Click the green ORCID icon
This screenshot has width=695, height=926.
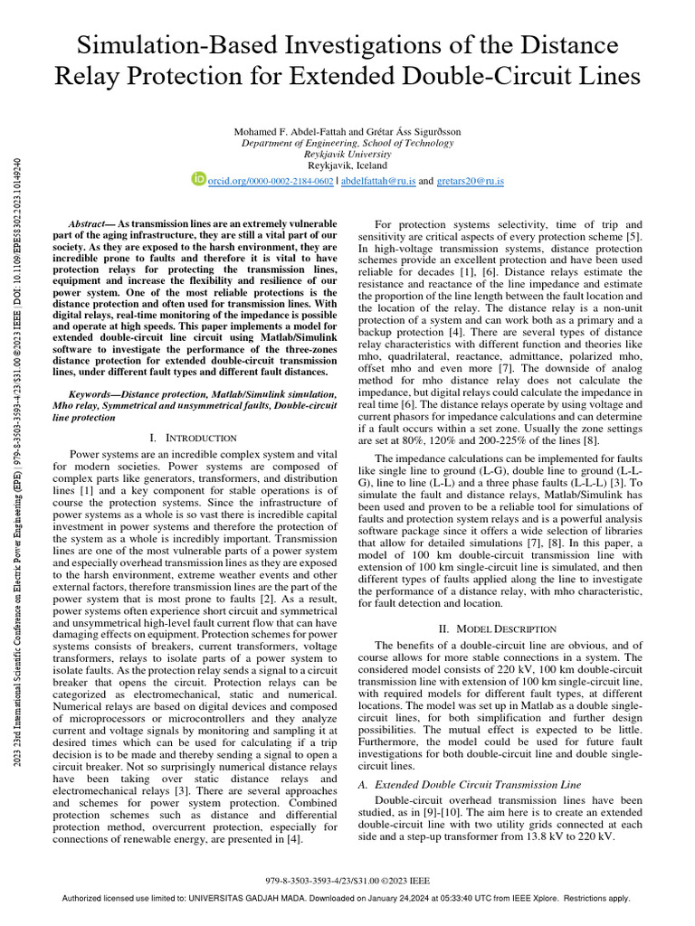[199, 179]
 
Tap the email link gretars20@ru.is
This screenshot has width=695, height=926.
[470, 181]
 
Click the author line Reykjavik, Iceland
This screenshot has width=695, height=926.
[347, 165]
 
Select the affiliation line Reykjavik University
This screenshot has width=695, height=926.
[347, 155]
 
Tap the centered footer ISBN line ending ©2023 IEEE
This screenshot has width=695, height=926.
[347, 879]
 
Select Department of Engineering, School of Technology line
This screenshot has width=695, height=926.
[347, 143]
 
